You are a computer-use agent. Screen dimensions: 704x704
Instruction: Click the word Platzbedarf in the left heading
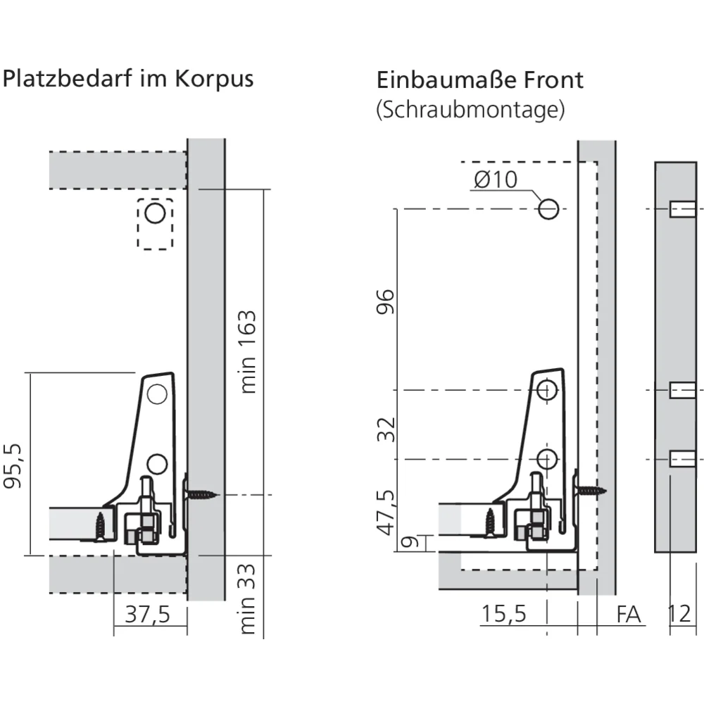(x=68, y=79)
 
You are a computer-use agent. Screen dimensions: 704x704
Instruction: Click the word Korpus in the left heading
(x=214, y=80)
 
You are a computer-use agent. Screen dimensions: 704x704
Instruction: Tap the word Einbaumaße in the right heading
(x=446, y=80)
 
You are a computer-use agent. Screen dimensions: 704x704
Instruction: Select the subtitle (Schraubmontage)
(x=470, y=109)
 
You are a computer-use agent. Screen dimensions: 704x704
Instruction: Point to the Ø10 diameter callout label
(x=496, y=180)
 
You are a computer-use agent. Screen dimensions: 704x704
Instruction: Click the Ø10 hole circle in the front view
(x=548, y=209)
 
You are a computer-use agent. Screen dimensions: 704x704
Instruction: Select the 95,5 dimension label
(x=13, y=466)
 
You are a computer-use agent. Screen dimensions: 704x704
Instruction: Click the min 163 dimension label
(x=248, y=351)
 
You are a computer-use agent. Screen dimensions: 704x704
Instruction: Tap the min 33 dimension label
(x=248, y=599)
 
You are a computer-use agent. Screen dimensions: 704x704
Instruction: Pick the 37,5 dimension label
(x=147, y=614)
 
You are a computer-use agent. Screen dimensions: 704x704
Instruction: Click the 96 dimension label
(x=386, y=302)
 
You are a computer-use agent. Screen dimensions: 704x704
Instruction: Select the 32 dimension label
(x=386, y=429)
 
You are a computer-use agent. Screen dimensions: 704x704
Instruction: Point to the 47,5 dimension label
(x=386, y=513)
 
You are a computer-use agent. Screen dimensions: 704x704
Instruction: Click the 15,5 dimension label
(x=503, y=614)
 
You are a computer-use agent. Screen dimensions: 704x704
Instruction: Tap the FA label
(x=628, y=615)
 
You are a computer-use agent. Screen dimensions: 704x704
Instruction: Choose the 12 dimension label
(x=680, y=614)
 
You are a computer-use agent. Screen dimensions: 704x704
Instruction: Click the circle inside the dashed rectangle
(x=156, y=213)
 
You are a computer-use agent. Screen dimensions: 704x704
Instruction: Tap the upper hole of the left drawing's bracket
(x=157, y=394)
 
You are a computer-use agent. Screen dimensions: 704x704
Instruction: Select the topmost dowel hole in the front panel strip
(x=682, y=209)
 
